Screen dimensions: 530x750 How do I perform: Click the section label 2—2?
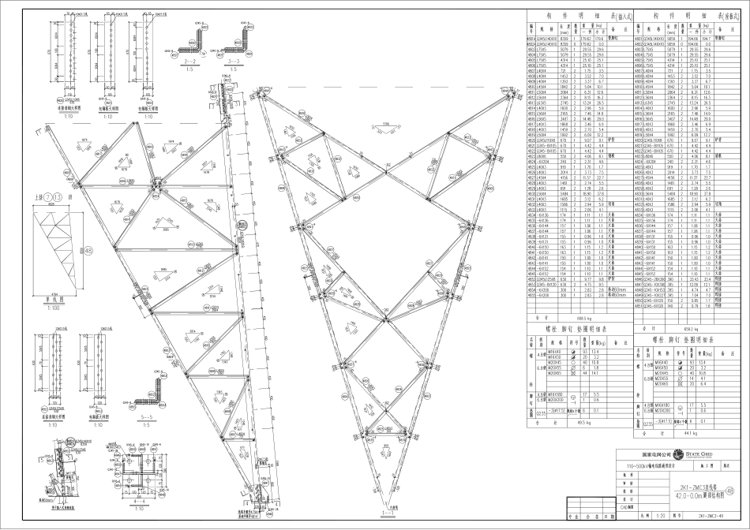[x=189, y=60]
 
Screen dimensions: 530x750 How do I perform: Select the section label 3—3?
[x=234, y=60]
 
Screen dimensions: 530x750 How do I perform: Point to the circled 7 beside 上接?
[x=49, y=196]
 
